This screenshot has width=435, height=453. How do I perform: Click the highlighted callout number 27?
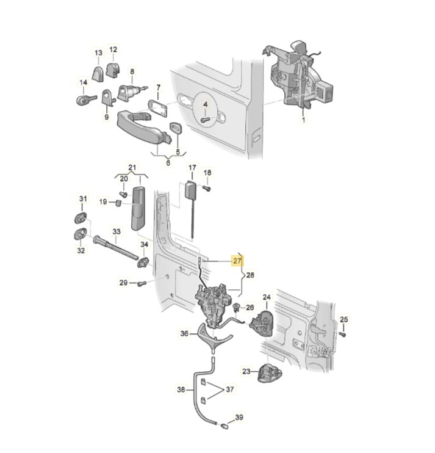tap(237, 261)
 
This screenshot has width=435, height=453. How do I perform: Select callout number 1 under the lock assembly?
tap(302, 121)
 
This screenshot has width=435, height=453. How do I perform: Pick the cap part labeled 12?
tap(113, 68)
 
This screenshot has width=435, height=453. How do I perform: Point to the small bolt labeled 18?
tap(206, 189)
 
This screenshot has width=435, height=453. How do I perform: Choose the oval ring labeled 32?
tap(81, 233)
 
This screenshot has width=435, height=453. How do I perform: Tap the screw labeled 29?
tap(142, 282)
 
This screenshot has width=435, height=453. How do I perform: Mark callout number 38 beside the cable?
tap(181, 389)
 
